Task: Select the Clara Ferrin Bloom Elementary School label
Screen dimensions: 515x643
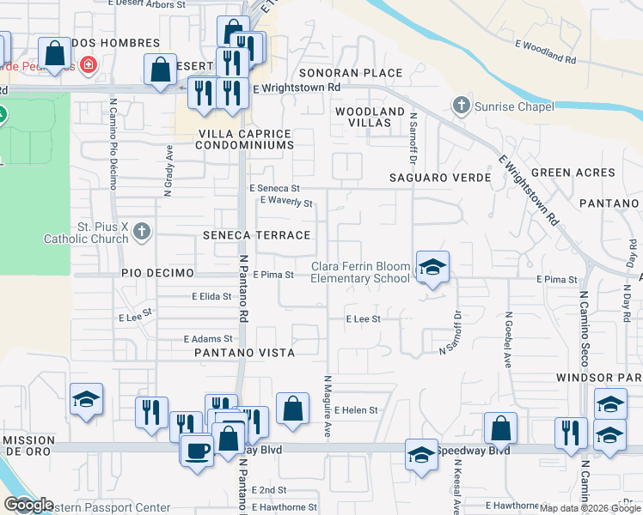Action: [360, 272]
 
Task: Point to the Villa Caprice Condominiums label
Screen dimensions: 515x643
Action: [245, 140]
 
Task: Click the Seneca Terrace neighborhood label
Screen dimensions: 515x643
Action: [255, 235]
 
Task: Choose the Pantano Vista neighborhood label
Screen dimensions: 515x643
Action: [244, 353]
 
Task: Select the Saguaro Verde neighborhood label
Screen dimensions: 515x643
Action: [439, 178]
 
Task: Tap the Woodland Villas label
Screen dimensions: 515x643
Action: [370, 118]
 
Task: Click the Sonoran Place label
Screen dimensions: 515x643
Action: [351, 73]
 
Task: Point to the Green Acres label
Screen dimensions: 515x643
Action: [573, 173]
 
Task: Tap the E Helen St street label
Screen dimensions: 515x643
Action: [357, 410]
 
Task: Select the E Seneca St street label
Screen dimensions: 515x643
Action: [274, 188]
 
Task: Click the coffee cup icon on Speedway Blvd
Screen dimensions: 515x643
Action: [197, 450]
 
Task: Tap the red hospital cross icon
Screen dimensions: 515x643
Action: [87, 64]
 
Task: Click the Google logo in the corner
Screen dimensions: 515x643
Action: [28, 505]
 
